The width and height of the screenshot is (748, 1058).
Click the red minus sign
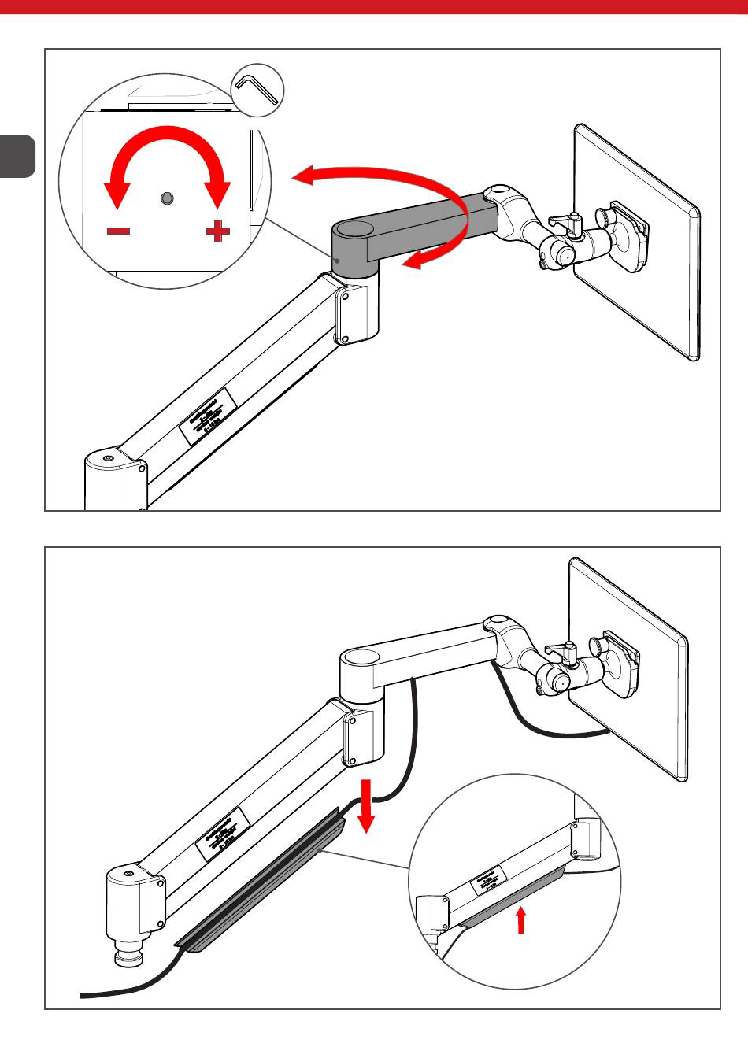(x=119, y=231)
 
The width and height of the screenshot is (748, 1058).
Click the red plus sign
(x=218, y=231)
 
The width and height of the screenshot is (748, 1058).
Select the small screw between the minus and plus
(x=167, y=198)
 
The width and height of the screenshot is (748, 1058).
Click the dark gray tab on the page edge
(x=17, y=156)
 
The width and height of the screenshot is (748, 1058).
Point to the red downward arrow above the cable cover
(x=365, y=807)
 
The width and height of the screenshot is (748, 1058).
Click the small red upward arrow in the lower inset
(x=520, y=919)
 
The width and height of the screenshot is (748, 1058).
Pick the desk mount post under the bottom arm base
(x=126, y=949)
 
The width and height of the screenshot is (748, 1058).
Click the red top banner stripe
(x=374, y=8)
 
